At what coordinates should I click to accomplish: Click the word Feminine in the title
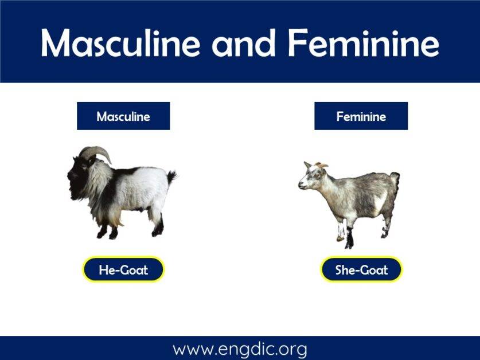[x=364, y=42]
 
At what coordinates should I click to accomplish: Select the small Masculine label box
[x=123, y=116]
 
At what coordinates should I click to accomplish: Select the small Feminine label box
[x=361, y=116]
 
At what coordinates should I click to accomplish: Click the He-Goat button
[x=123, y=269]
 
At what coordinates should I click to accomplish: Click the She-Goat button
[x=361, y=269]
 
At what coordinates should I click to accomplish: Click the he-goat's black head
[x=79, y=171]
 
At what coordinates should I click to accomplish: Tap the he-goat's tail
[x=171, y=177]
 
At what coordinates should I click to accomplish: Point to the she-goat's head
[x=310, y=178]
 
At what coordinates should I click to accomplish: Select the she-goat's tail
[x=395, y=179]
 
